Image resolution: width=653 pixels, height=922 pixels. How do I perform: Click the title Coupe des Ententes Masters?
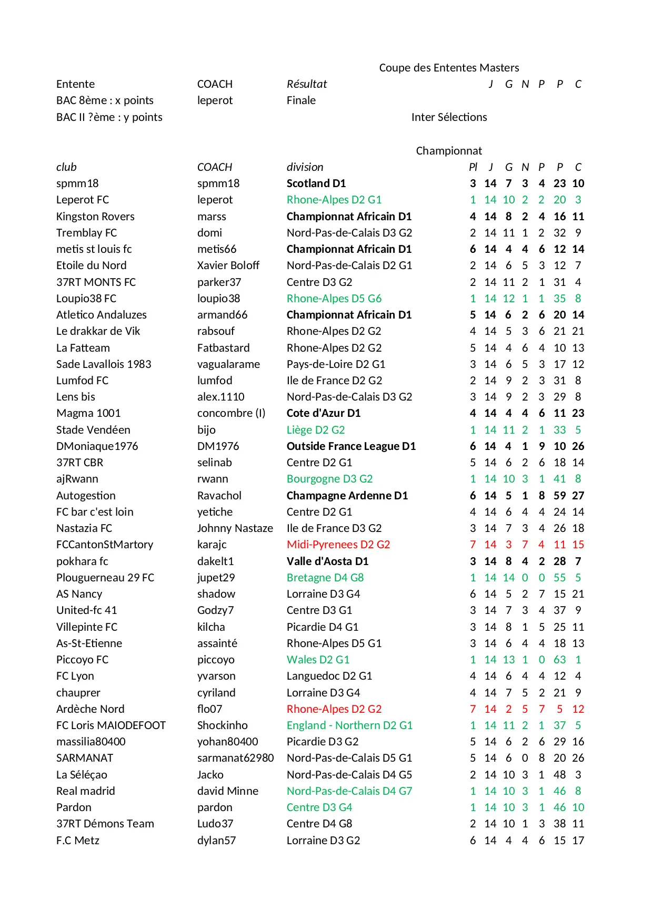click(449, 68)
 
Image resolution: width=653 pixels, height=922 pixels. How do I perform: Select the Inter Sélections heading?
click(449, 117)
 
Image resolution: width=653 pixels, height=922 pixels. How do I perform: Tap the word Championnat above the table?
click(449, 151)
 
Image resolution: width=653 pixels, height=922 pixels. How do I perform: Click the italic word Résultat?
click(306, 84)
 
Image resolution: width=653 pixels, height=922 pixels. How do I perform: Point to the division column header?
click(305, 167)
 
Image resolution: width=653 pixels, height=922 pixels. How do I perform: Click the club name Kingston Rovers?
click(95, 217)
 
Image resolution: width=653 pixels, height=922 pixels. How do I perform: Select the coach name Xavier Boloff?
click(228, 265)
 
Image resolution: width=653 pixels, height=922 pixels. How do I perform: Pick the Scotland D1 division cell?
click(316, 183)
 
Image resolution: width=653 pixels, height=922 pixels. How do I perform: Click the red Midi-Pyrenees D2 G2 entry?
click(338, 545)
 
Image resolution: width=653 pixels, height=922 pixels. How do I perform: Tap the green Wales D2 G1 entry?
click(318, 660)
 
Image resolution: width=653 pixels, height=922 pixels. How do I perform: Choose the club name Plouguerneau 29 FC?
click(105, 578)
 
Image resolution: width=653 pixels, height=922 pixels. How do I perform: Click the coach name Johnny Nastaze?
click(235, 528)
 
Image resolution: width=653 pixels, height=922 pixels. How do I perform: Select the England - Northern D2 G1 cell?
click(349, 725)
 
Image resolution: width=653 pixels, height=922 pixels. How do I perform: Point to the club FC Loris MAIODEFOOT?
click(110, 725)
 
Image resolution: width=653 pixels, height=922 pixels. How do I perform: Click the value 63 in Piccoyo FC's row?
click(559, 660)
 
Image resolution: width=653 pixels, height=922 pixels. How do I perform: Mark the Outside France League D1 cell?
click(351, 446)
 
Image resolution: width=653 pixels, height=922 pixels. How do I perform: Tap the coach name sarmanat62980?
click(235, 758)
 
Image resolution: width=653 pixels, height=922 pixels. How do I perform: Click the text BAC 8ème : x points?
click(105, 100)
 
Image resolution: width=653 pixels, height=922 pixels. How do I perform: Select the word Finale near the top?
click(301, 100)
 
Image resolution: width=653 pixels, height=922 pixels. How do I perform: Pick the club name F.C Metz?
click(78, 841)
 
